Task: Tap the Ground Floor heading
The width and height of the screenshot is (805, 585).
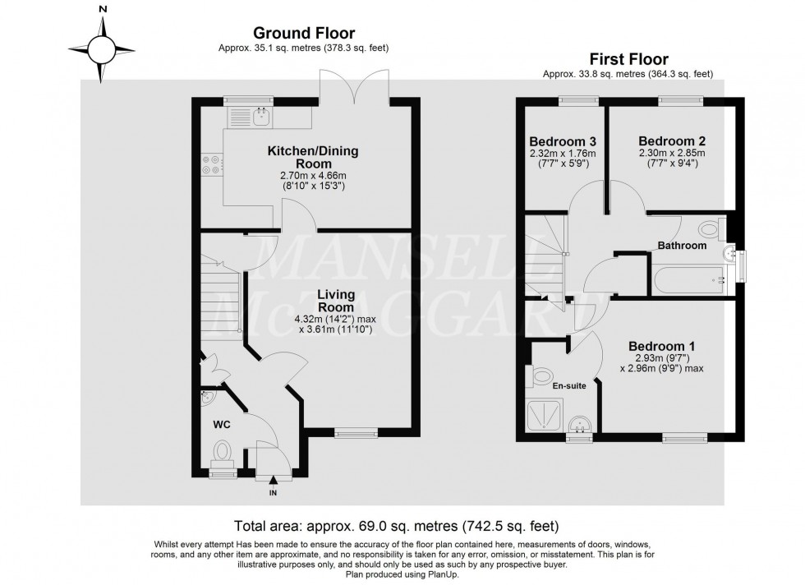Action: click(x=303, y=34)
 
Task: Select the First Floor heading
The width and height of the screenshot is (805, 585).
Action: click(x=628, y=59)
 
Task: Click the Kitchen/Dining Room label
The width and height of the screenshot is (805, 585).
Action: click(x=312, y=158)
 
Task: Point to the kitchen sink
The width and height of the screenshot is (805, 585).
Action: click(x=262, y=118)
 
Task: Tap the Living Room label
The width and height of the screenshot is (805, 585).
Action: click(x=336, y=301)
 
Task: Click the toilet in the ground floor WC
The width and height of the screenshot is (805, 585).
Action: click(x=222, y=452)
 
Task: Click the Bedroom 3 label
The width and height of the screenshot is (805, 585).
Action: click(x=562, y=140)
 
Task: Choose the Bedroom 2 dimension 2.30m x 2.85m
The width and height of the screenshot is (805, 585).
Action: click(x=671, y=154)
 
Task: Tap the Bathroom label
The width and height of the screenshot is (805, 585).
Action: click(x=682, y=246)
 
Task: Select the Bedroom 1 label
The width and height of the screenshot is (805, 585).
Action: click(x=661, y=345)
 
